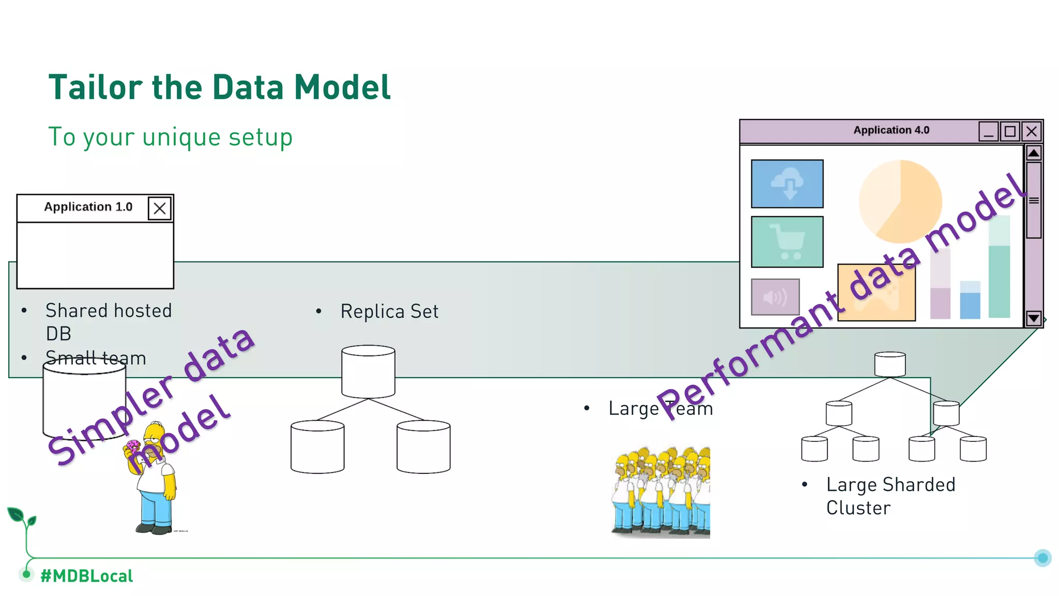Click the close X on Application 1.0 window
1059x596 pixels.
click(x=159, y=208)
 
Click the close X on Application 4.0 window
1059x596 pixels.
click(x=1031, y=131)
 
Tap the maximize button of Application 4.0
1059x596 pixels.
click(x=1009, y=131)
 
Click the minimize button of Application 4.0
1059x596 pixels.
click(x=988, y=131)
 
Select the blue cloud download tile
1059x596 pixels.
click(x=786, y=184)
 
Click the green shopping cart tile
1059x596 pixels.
click(x=786, y=242)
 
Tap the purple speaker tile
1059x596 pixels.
click(x=775, y=297)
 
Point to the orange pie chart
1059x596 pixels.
click(x=900, y=201)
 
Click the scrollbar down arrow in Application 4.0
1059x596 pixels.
click(x=1033, y=318)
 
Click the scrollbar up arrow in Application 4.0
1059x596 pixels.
click(x=1033, y=153)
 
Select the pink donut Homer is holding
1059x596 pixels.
click(x=133, y=446)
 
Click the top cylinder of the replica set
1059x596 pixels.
click(x=368, y=371)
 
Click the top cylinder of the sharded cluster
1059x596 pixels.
click(x=889, y=364)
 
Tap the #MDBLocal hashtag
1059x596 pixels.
click(x=86, y=576)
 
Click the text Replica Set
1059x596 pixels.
click(x=389, y=311)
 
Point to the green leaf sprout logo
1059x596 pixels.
click(x=21, y=517)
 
